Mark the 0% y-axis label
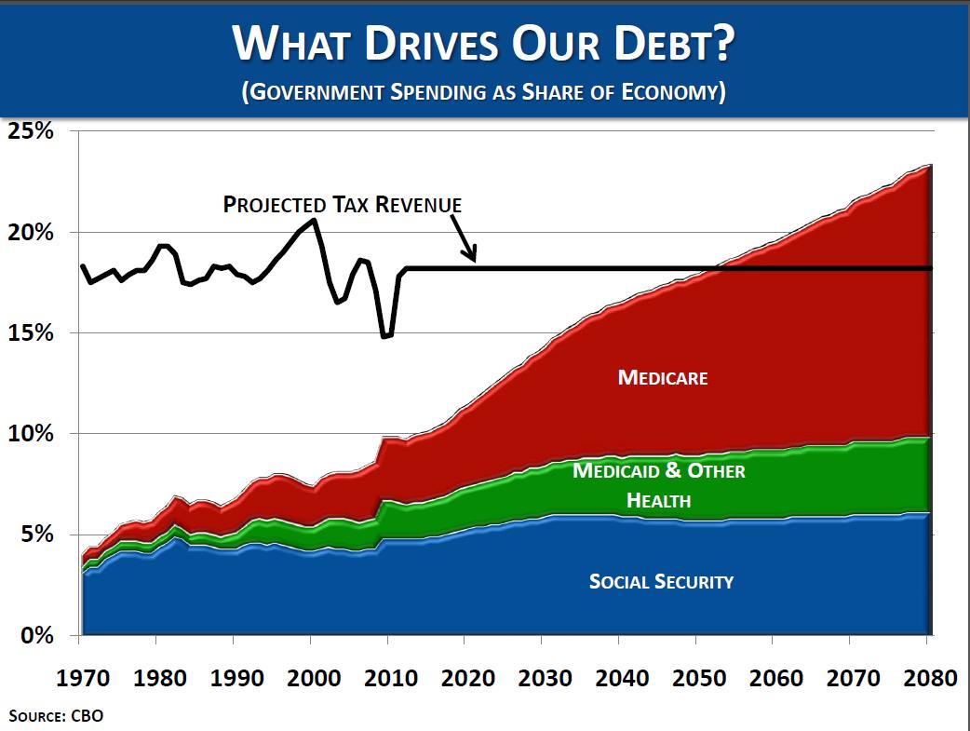(x=37, y=636)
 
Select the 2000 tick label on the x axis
(x=313, y=677)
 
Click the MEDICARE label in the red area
(x=663, y=378)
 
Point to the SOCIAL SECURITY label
(x=661, y=582)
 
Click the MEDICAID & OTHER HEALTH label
(x=659, y=485)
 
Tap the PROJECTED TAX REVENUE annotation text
(x=343, y=204)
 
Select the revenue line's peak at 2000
(x=315, y=220)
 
